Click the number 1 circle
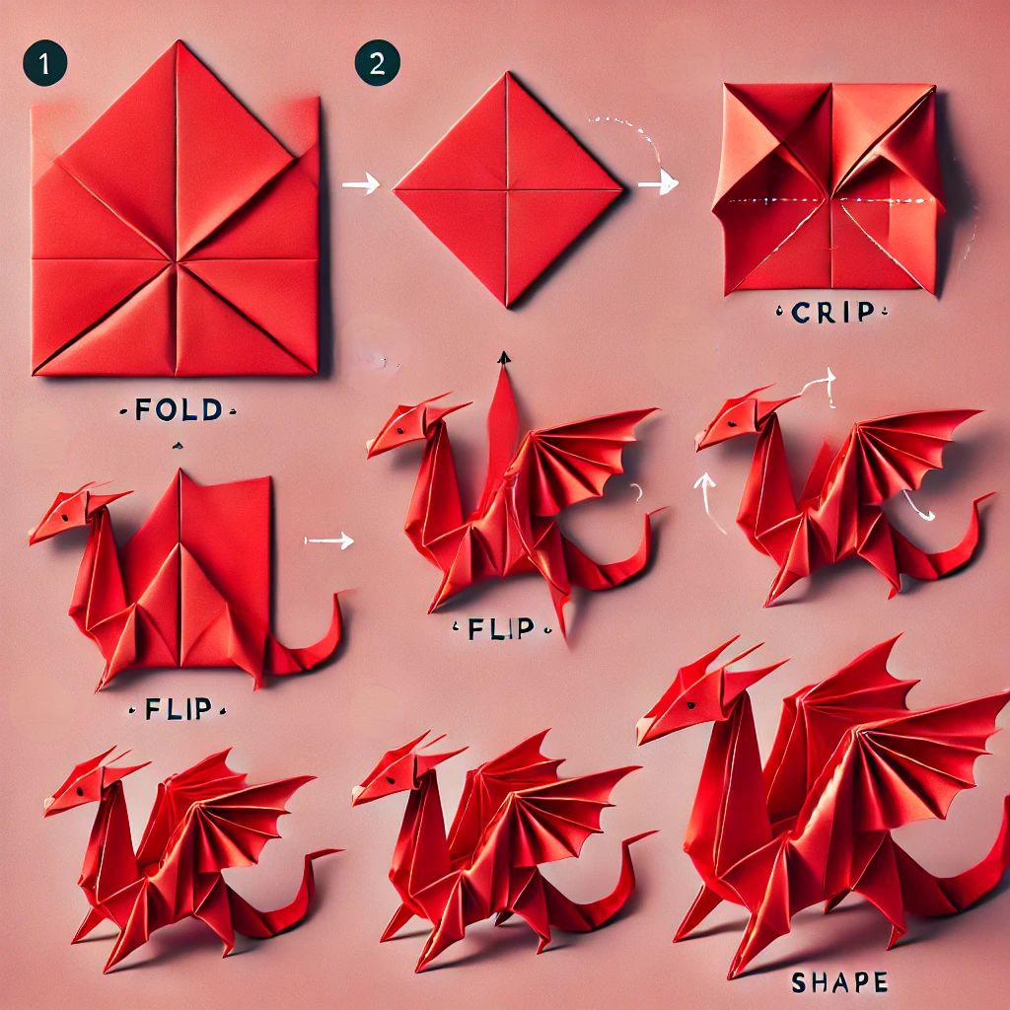[44, 63]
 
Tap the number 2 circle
[377, 63]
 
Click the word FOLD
[179, 409]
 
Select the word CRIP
[832, 313]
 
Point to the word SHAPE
[839, 982]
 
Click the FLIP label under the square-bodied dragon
[179, 708]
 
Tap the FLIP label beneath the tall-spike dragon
[501, 628]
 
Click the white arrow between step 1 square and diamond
[361, 184]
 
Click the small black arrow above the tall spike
[504, 358]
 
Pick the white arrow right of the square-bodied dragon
[329, 541]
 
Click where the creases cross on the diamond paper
[506, 189]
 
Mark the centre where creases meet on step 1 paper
[175, 260]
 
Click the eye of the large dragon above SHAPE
[691, 704]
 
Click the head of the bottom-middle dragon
[401, 768]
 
